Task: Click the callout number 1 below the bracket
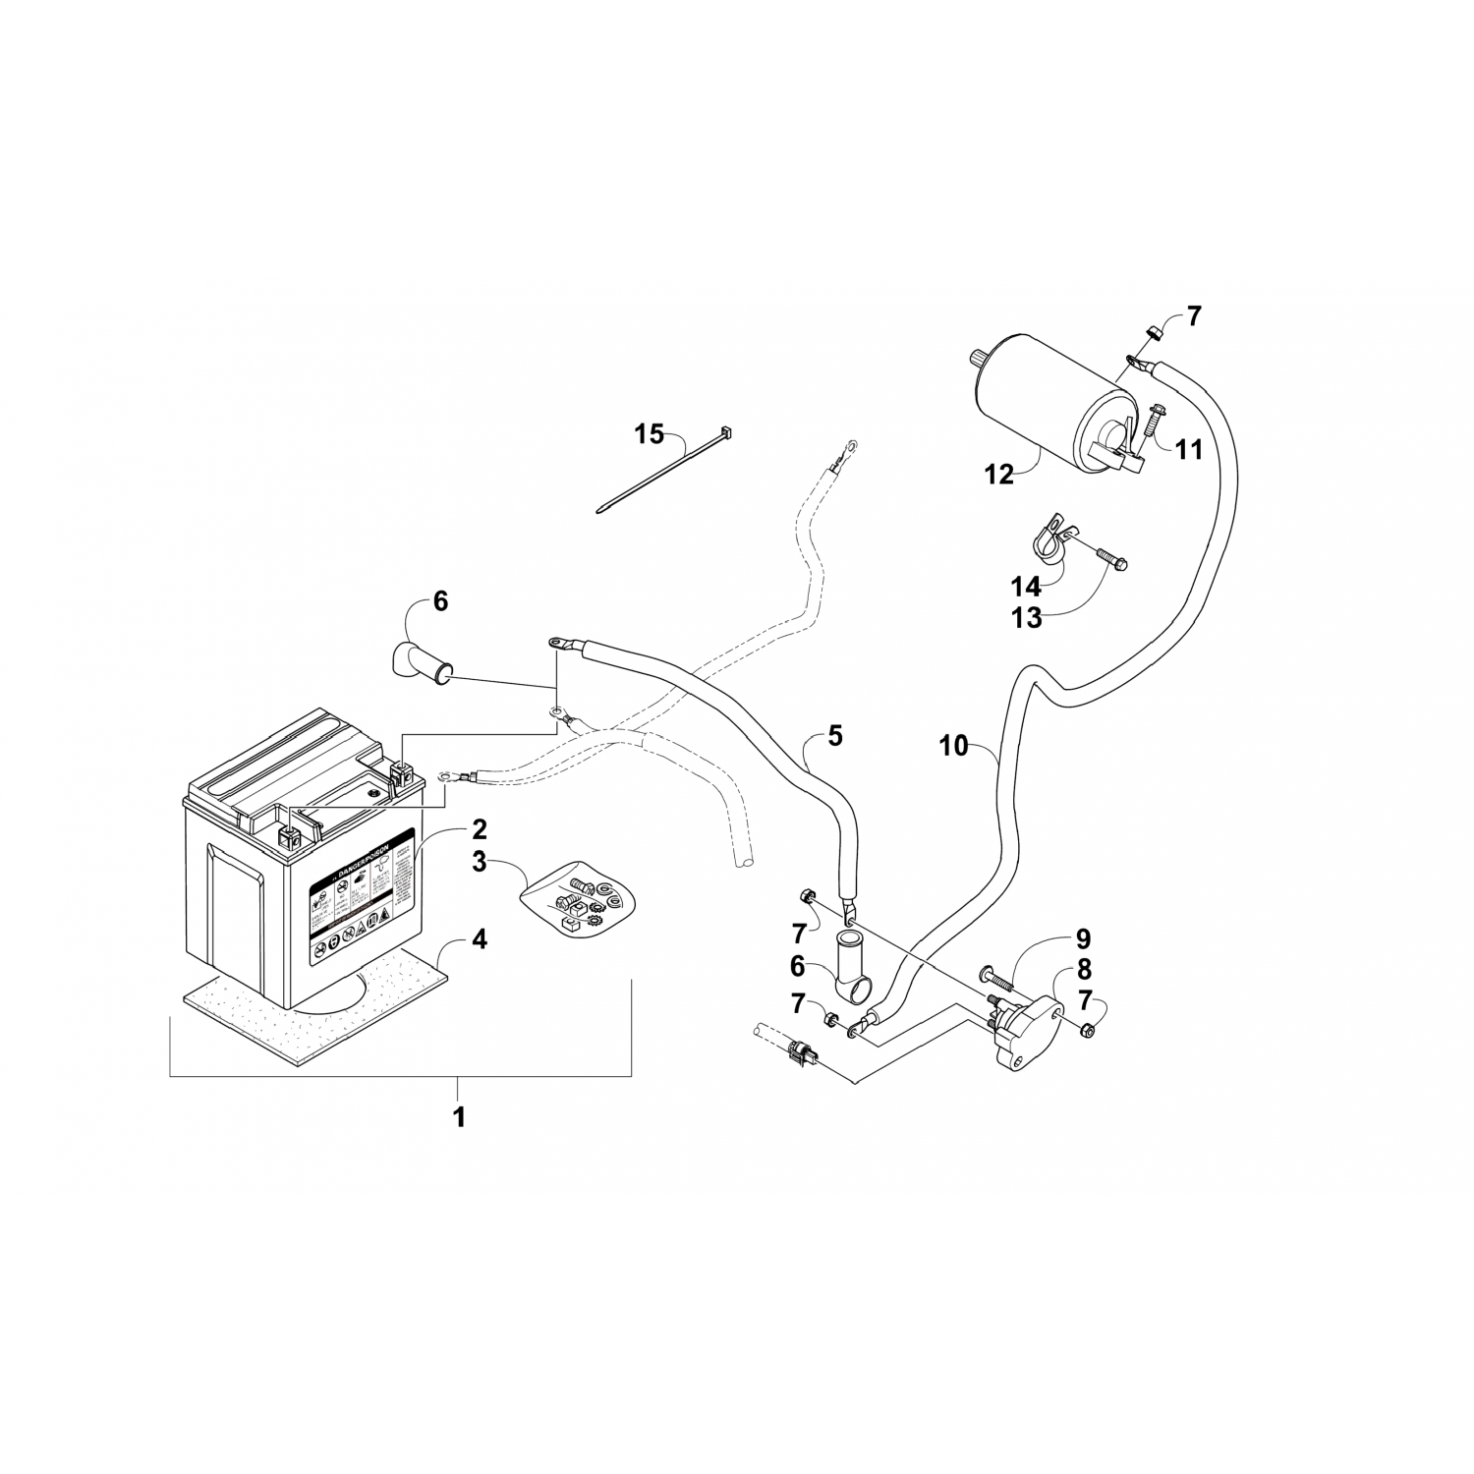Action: (x=458, y=1116)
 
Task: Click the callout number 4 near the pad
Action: (x=478, y=939)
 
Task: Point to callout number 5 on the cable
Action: (x=834, y=736)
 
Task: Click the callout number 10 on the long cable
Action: (x=953, y=747)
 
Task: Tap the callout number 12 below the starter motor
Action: (x=999, y=475)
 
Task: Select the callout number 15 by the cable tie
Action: (x=649, y=433)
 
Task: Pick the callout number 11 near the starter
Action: (x=1189, y=450)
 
